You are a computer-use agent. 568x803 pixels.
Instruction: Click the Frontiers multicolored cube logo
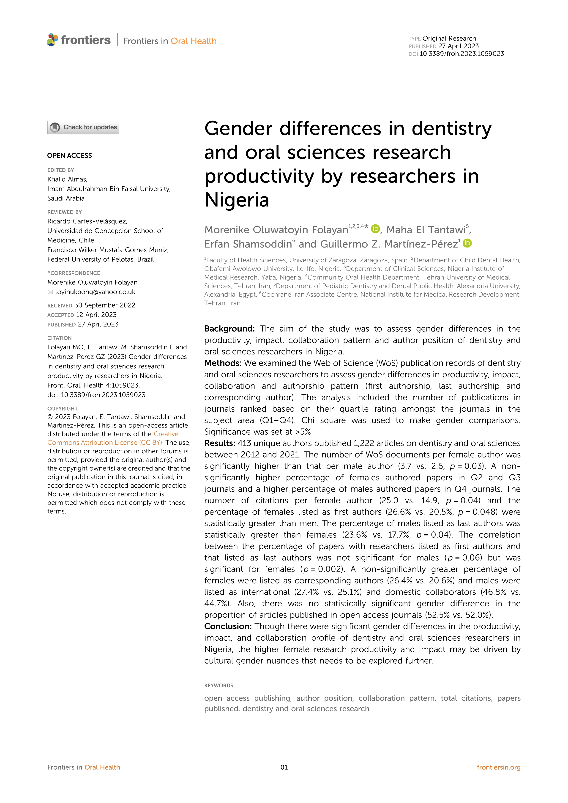point(53,40)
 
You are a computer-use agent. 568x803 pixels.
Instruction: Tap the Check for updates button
point(83,127)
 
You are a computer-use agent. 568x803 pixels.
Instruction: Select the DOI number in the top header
point(462,54)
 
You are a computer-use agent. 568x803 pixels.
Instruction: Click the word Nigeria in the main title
point(237,200)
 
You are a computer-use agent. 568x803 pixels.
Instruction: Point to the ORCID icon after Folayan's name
point(375,229)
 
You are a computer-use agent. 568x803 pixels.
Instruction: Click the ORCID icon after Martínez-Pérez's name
point(467,243)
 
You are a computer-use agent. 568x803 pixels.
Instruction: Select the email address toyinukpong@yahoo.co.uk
point(95,292)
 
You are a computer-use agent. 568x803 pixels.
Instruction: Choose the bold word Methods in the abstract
point(223,363)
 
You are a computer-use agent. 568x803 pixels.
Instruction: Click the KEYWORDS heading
point(218,686)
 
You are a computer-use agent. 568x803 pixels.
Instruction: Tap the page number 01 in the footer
point(284,767)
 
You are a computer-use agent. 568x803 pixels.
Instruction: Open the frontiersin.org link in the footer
point(498,767)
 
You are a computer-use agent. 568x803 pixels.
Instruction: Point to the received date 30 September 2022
point(105,305)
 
